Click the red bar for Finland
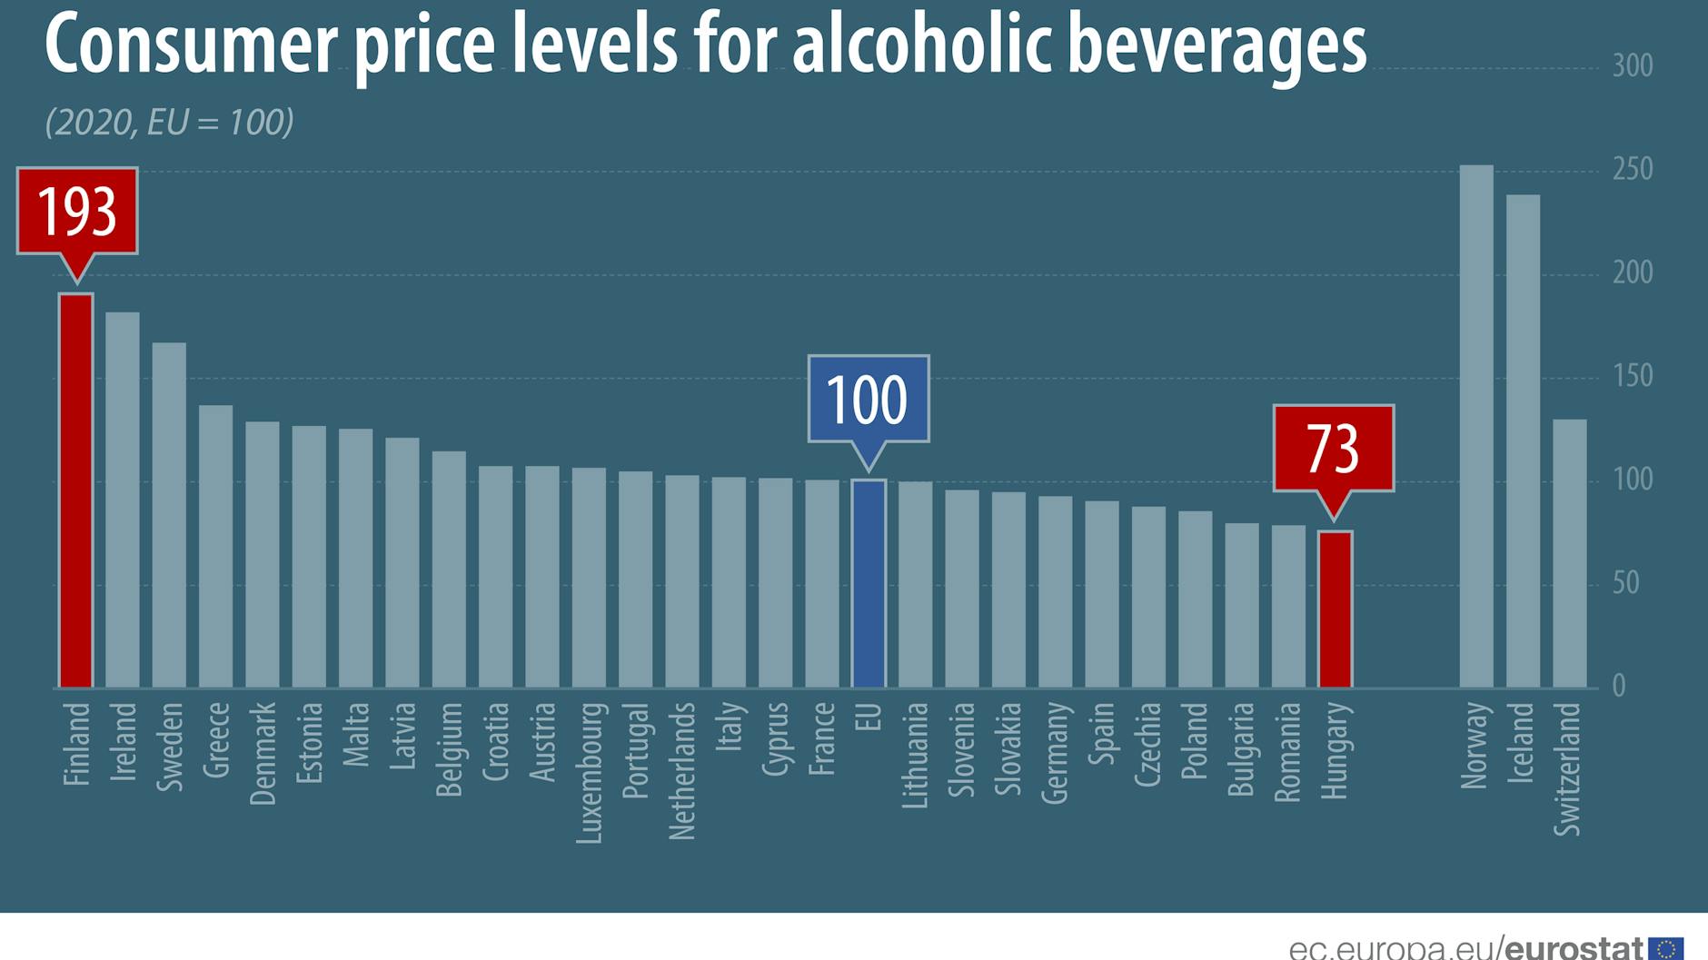coord(76,490)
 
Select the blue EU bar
coord(869,583)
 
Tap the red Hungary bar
coord(1335,609)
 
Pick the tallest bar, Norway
coord(1475,427)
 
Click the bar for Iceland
coord(1523,440)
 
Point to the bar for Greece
coord(215,545)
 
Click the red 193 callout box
coord(77,211)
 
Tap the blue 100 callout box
coord(868,399)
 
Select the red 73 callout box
coord(1333,448)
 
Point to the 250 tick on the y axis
coord(1632,170)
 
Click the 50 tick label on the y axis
coord(1625,583)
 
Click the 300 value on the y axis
coord(1632,66)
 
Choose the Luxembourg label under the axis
coord(589,773)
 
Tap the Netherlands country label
coord(681,771)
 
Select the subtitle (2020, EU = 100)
coord(170,123)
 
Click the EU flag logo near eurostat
coord(1665,948)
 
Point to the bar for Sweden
coord(169,515)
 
